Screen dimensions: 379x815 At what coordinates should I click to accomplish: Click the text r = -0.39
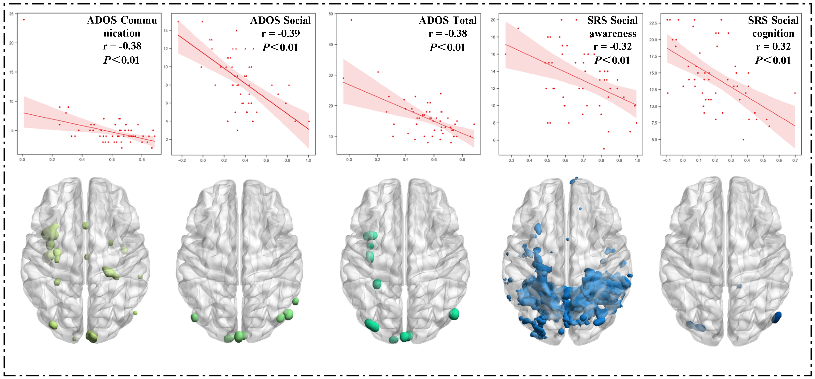(280, 33)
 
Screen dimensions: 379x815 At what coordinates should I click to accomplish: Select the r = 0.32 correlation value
(773, 46)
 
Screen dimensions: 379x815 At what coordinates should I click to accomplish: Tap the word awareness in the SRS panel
(612, 33)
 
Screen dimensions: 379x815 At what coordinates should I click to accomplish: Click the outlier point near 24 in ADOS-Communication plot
(24, 20)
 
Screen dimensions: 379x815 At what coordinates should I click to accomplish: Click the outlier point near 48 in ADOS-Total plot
(351, 20)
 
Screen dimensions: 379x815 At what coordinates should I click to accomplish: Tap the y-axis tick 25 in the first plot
(11, 14)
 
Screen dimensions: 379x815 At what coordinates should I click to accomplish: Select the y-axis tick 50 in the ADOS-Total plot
(331, 14)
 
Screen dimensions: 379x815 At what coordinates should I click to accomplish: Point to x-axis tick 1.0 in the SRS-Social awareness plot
(637, 160)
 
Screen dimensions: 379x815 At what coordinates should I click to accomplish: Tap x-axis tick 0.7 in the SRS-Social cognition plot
(795, 160)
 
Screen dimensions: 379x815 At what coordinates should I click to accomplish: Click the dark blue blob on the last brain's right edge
(776, 317)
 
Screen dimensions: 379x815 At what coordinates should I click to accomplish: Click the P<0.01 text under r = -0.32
(612, 60)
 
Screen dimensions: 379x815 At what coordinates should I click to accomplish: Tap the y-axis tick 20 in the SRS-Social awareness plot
(493, 20)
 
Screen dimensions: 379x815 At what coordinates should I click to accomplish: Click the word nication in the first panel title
(122, 33)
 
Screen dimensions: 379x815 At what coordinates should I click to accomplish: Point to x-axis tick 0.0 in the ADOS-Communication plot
(22, 160)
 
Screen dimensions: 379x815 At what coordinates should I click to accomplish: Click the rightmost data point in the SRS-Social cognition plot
(795, 93)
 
